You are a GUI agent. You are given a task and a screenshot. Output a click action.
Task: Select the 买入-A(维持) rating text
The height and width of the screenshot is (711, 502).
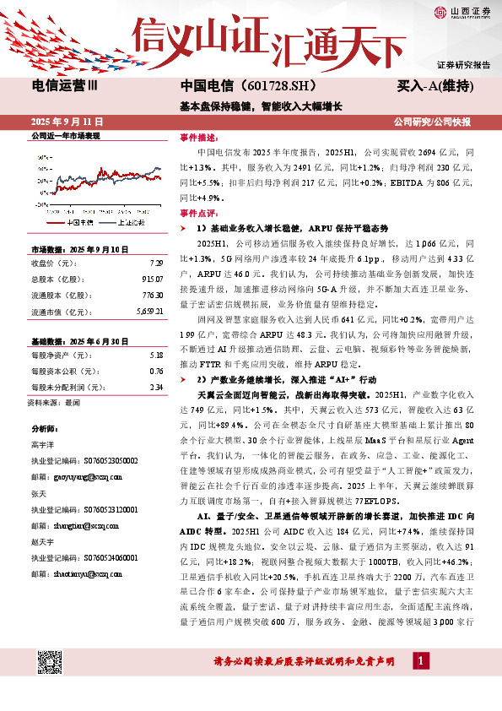(434, 87)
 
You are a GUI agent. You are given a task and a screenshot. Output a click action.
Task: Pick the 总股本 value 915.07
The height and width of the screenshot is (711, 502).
(153, 279)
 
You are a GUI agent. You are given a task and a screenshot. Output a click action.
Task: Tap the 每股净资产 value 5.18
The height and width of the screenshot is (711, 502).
(156, 332)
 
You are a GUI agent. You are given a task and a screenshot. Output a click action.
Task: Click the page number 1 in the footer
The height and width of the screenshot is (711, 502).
(421, 659)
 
